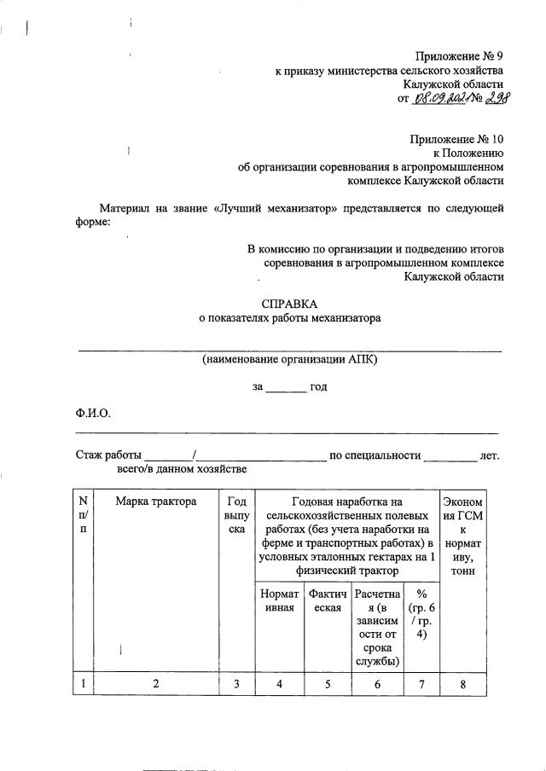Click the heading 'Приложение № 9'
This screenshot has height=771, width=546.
[x=459, y=55]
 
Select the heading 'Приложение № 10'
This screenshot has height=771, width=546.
[x=456, y=137]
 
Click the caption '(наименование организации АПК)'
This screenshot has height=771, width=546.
[x=289, y=359]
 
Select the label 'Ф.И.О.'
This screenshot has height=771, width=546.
[x=93, y=414]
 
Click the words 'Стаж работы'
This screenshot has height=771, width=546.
[x=107, y=455]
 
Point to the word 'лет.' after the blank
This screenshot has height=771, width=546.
[x=489, y=455]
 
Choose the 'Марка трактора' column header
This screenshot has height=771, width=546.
[x=156, y=501]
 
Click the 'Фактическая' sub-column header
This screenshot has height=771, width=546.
[x=327, y=600]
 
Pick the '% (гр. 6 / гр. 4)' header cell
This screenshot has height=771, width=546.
[x=421, y=613]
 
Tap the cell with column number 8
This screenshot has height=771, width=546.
[x=463, y=683]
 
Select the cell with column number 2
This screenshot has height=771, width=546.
[x=156, y=683]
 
